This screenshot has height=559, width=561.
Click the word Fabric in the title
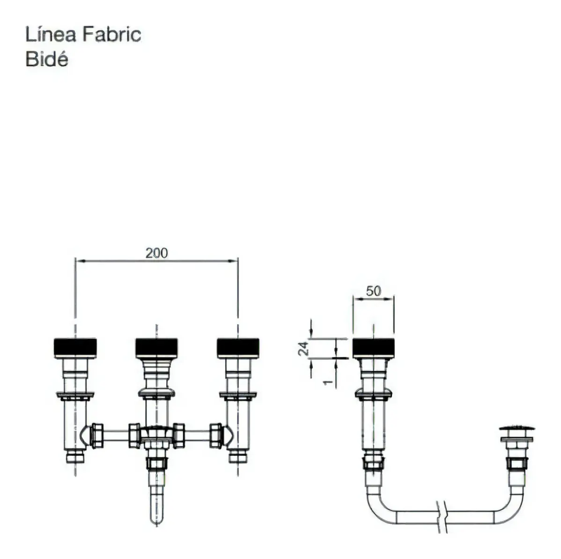click(112, 34)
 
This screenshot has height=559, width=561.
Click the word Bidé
click(46, 59)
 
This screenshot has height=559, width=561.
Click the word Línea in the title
click(50, 34)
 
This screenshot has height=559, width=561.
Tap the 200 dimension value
click(156, 253)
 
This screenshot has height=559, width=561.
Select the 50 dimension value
click(374, 291)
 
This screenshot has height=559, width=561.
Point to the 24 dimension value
click(304, 349)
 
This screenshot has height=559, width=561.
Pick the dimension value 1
click(327, 382)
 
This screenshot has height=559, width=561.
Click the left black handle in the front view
click(75, 348)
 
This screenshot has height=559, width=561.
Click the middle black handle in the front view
click(156, 348)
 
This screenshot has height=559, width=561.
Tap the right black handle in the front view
click(238, 348)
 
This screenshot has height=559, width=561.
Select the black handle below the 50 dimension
click(374, 348)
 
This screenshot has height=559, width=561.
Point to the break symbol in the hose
click(442, 517)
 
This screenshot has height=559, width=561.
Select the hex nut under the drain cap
click(517, 464)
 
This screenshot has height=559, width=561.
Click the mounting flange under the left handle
click(75, 396)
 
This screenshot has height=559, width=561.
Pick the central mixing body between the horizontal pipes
click(156, 436)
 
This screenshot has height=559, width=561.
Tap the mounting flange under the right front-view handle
click(238, 396)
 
